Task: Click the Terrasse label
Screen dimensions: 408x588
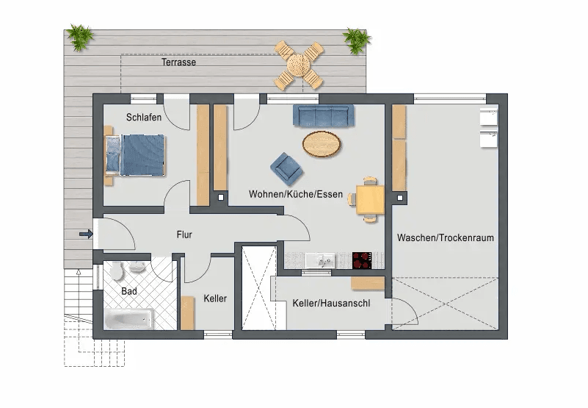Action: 178,62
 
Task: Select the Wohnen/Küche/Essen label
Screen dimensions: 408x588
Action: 296,195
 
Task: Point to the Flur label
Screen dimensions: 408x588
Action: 184,235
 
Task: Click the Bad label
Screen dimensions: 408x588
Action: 129,292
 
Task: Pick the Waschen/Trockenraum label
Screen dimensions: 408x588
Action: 445,238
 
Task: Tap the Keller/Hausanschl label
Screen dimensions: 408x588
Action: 331,303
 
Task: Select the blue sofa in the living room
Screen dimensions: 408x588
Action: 324,115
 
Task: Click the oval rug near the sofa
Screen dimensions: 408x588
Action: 322,143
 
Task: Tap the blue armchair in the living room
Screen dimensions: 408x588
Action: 286,168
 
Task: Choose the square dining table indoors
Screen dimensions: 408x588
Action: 370,198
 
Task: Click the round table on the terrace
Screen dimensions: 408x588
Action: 300,64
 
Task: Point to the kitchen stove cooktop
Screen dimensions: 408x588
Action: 363,260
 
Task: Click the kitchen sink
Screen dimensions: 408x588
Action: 321,260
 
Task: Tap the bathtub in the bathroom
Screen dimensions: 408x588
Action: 128,320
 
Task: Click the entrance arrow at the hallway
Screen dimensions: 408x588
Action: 86,235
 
